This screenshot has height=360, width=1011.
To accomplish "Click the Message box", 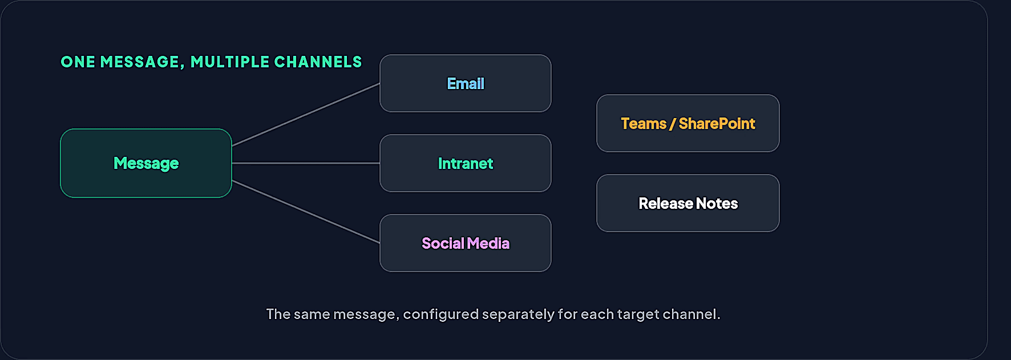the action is point(146,163).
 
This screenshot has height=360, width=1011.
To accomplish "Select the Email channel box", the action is point(466,83).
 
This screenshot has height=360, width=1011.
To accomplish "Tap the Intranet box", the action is point(466,163).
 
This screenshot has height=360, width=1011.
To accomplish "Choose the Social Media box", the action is point(466,243).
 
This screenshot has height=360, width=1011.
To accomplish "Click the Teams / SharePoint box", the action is point(688,123).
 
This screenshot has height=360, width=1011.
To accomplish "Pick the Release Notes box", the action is point(688,203).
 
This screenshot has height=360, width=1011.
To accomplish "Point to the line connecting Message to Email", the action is point(306,115).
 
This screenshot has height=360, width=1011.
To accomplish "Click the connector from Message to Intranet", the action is point(306,163).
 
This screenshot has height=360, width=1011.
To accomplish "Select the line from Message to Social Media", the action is point(306,212).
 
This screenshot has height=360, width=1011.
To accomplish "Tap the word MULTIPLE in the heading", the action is point(230,62).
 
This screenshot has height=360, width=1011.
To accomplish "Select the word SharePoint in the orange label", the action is point(717,124).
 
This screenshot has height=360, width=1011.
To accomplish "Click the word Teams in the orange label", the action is point(644,124).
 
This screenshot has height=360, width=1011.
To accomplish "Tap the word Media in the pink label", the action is point(488,244).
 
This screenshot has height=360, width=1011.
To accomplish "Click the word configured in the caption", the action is point(441,314).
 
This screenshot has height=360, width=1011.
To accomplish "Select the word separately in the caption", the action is point(518,314).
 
